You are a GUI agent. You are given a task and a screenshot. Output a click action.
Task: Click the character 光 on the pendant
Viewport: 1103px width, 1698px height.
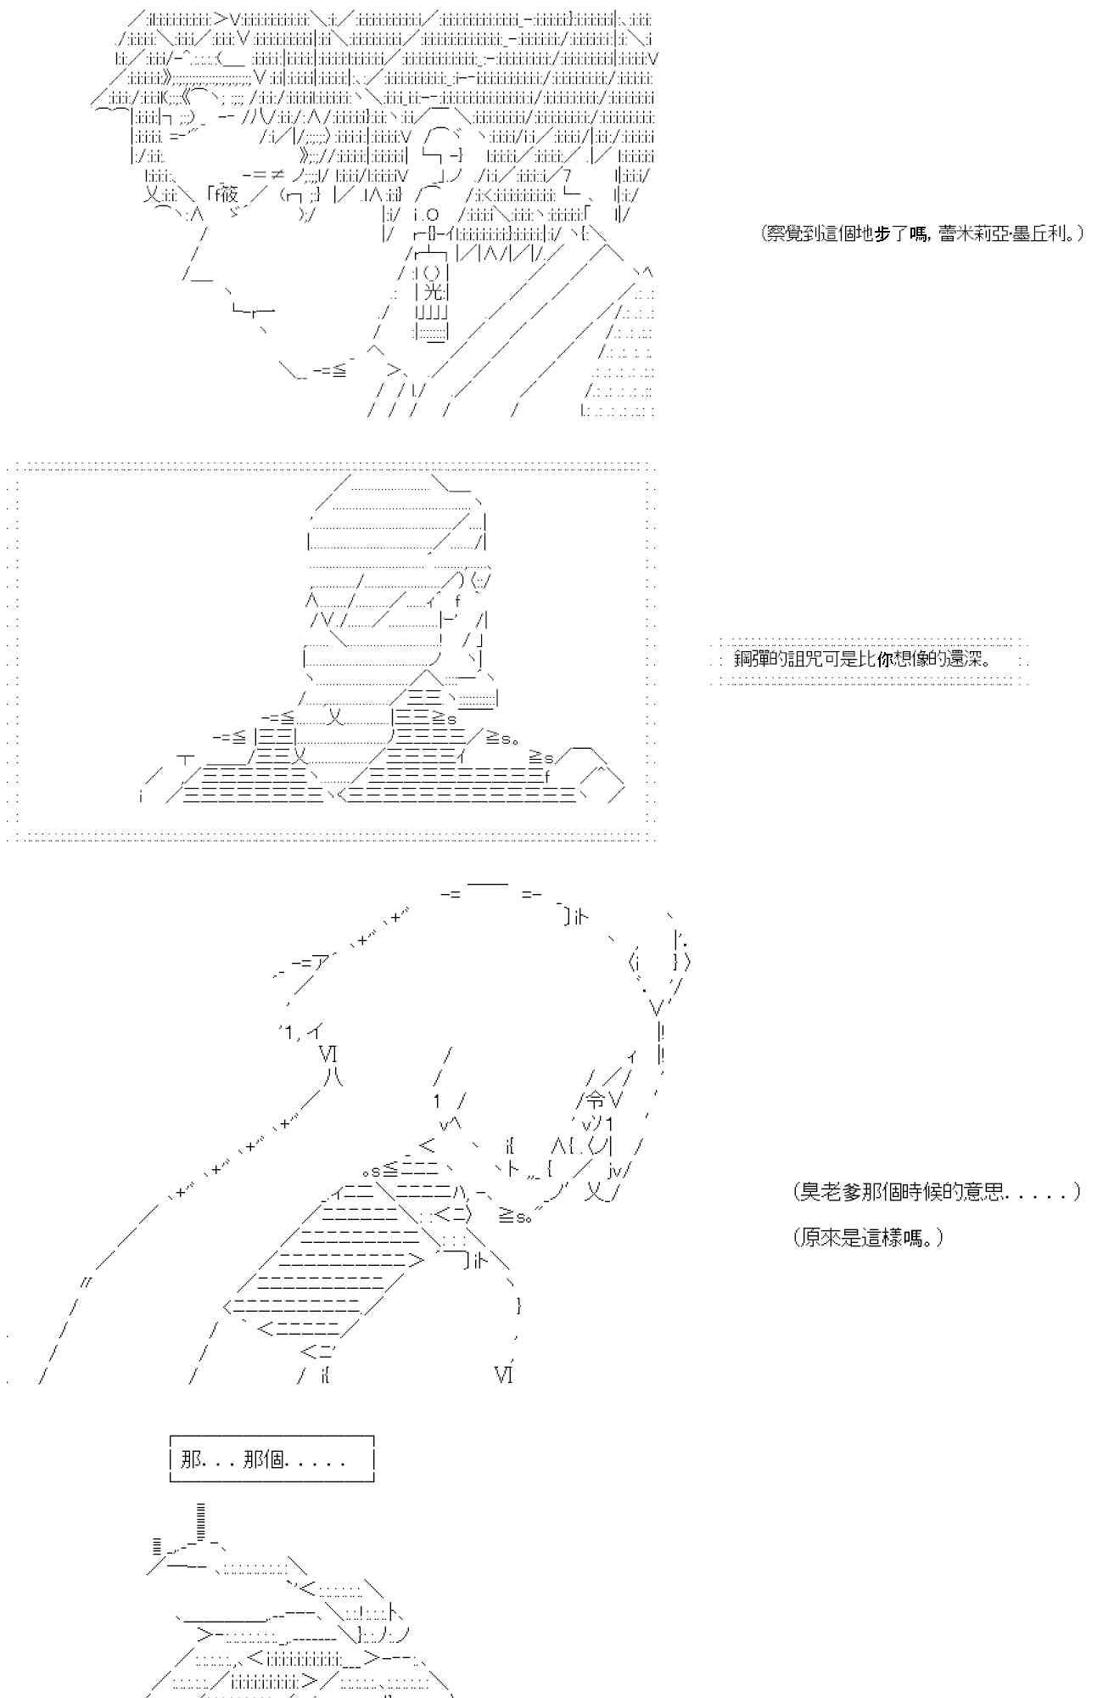432,293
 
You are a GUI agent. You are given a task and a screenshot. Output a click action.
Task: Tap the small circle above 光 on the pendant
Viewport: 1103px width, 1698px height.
432,273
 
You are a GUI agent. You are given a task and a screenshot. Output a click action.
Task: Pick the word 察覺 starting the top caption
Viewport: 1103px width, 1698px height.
783,233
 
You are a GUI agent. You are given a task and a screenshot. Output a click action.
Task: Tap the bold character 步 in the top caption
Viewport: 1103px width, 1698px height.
882,233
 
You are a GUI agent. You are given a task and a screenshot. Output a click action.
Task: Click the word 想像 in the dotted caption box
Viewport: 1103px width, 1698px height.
913,659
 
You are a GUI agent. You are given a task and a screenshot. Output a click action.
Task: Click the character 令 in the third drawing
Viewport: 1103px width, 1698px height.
596,1100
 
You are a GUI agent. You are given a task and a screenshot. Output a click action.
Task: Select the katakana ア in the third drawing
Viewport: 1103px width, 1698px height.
320,963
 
